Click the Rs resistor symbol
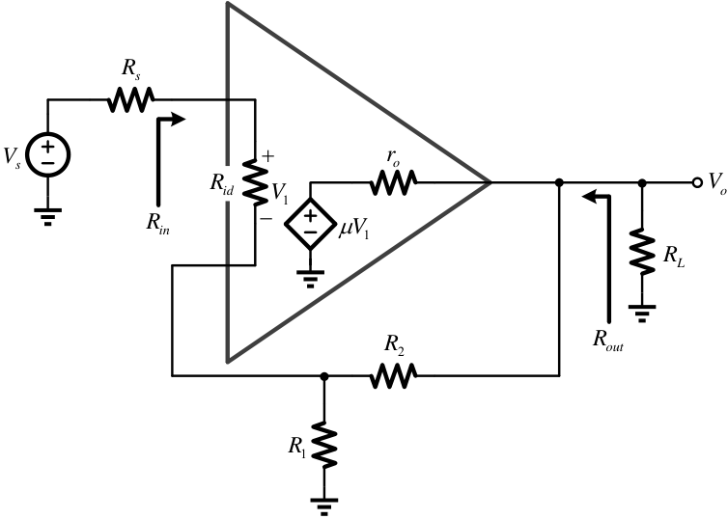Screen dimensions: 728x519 click(130, 99)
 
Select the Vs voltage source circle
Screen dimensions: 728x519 click(48, 154)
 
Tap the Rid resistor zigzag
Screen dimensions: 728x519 click(255, 181)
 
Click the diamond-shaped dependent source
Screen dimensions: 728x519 click(310, 224)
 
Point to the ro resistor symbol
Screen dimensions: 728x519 click(393, 182)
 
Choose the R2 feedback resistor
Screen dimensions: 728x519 click(393, 375)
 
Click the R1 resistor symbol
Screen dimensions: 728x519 click(324, 445)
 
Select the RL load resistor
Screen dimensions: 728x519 click(642, 251)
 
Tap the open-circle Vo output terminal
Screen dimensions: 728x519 click(697, 182)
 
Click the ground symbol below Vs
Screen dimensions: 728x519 click(48, 216)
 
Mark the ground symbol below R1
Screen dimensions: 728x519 click(324, 506)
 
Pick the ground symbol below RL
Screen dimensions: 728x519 click(642, 314)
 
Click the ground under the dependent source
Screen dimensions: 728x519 click(310, 278)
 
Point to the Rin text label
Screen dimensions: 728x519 click(157, 225)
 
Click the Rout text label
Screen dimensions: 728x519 click(608, 340)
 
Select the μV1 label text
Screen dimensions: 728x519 click(353, 230)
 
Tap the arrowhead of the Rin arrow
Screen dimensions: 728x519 click(180, 120)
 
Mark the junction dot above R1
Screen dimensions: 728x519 click(324, 376)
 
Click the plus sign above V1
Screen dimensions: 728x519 click(268, 156)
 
